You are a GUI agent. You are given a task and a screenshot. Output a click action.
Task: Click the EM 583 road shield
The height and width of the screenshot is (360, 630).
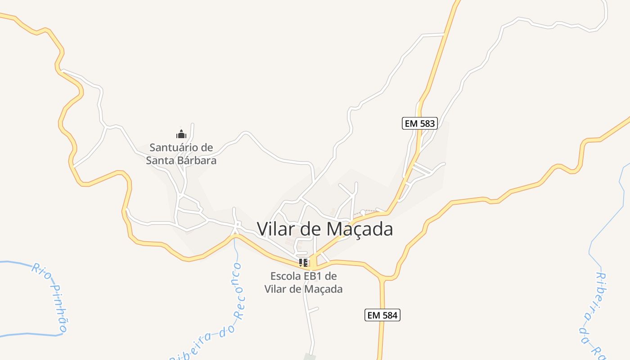419,123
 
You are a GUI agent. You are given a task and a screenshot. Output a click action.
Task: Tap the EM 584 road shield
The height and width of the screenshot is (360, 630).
382,315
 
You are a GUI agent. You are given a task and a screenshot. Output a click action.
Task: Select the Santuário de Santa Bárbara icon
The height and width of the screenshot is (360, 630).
181,134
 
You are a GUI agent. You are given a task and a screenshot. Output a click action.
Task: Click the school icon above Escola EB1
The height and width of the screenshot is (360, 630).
303,263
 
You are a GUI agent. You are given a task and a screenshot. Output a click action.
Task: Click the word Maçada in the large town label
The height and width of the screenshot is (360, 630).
359,229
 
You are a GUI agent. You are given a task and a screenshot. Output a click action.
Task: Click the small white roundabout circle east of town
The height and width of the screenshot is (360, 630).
363,212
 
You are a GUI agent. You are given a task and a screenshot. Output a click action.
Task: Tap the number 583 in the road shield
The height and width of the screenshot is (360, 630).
427,123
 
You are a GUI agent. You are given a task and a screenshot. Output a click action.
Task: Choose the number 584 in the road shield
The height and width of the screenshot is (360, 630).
390,315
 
